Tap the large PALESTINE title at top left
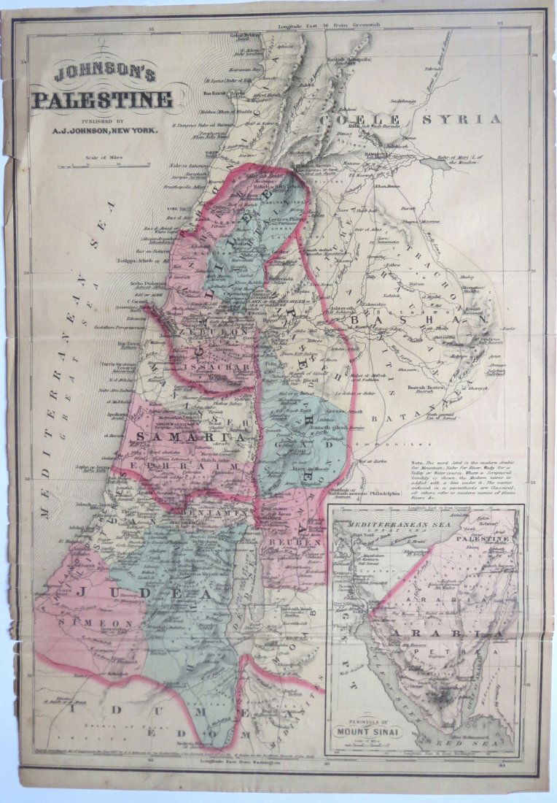pos(103,99)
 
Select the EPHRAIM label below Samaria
pos(183,465)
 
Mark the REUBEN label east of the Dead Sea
pos(294,544)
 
